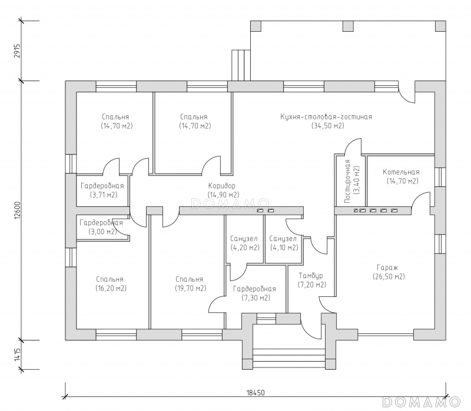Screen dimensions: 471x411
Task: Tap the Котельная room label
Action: point(401,172)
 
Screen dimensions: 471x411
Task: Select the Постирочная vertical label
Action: point(348,182)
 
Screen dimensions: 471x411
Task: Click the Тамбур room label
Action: point(311,276)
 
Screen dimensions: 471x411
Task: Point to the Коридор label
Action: point(222,186)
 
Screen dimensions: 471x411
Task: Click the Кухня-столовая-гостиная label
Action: point(326,116)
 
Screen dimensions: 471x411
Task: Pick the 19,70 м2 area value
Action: point(191,288)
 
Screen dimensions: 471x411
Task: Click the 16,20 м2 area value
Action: point(111,288)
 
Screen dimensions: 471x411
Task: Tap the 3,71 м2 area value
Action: point(104,195)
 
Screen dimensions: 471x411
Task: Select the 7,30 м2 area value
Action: point(256,298)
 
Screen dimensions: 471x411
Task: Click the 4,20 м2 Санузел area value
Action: point(245,248)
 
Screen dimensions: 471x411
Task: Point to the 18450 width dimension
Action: point(256,393)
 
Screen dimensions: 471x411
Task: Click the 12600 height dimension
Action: point(17,210)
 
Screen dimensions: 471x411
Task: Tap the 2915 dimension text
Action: point(17,51)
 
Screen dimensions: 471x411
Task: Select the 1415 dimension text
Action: point(17,355)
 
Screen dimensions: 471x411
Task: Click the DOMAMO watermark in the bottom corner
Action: point(421,402)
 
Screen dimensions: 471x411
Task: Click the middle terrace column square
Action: point(348,26)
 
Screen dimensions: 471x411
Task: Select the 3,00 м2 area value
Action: point(102,232)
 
